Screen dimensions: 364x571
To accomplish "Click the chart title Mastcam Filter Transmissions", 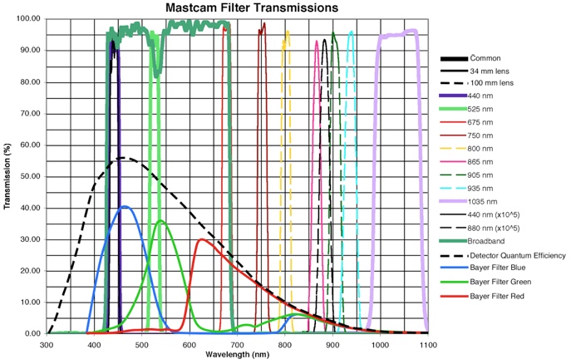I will pyautogui.click(x=239, y=7).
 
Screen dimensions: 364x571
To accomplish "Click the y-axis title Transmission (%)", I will pyautogui.click(x=7, y=175).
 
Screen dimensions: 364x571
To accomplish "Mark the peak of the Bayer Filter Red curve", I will pyautogui.click(x=202, y=239).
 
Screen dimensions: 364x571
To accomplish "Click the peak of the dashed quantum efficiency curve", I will pyautogui.click(x=123, y=158).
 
